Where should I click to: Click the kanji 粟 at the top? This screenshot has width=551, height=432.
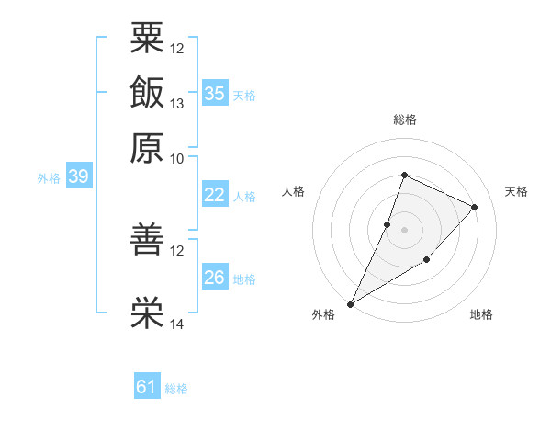[x=147, y=38]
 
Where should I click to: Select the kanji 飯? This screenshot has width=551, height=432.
[x=147, y=92]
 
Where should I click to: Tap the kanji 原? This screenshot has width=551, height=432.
[x=147, y=148]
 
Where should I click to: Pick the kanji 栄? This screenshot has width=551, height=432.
[x=147, y=313]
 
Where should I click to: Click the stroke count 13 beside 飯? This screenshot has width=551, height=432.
[x=176, y=104]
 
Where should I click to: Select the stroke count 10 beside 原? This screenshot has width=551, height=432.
[x=176, y=159]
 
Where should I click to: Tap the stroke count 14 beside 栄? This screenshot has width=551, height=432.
[x=176, y=324]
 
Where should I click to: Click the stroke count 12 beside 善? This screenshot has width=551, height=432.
[x=176, y=251]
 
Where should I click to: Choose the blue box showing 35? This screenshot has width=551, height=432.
[x=215, y=93]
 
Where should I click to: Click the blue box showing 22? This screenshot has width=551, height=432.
[x=215, y=194]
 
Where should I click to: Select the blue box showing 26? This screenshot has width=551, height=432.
[x=215, y=276]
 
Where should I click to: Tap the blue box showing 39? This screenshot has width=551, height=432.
[x=79, y=176]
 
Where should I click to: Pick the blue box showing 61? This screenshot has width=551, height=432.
[x=147, y=385]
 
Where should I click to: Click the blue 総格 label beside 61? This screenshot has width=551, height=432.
[x=176, y=389]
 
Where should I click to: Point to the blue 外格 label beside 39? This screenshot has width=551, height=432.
[x=49, y=178]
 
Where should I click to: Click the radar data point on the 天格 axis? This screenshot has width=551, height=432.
[x=474, y=207]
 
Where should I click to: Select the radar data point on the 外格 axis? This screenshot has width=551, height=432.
[x=350, y=304]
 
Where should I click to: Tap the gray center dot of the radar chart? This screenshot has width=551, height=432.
[x=404, y=230]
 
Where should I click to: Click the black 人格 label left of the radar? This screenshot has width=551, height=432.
[x=293, y=191]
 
